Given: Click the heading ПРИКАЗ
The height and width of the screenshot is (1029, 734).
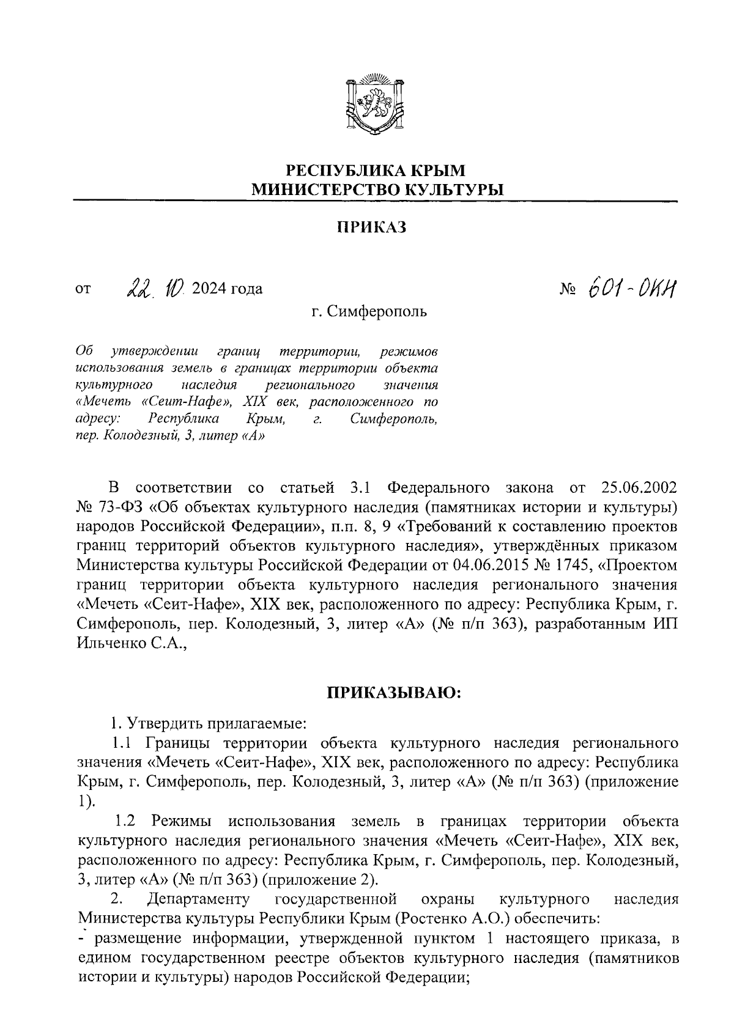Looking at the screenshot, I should click(x=372, y=228).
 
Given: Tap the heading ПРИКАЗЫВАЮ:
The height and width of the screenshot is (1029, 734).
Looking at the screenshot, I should click(x=394, y=693).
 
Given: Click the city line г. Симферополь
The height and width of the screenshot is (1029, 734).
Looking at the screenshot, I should click(x=369, y=312).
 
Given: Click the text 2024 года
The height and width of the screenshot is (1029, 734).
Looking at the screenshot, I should click(x=227, y=288).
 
